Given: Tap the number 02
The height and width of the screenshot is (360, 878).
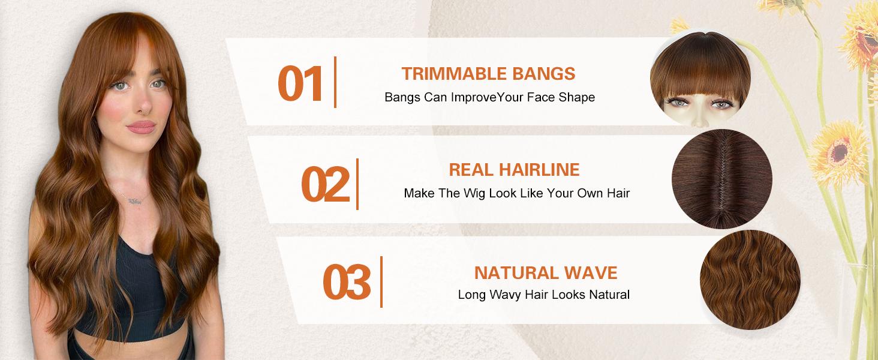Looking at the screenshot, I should (x=324, y=184).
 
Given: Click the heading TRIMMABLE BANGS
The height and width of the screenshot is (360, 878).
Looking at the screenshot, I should (x=488, y=74).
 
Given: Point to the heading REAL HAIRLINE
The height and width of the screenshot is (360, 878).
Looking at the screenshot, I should (x=514, y=170).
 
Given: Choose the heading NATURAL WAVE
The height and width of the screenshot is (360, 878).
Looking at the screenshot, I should (x=545, y=273).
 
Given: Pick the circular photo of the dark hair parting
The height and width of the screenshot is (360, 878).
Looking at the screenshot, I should (x=721, y=179).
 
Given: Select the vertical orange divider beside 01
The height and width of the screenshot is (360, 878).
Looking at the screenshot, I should (x=335, y=82).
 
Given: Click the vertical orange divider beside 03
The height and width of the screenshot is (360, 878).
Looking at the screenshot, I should (x=381, y=281).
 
